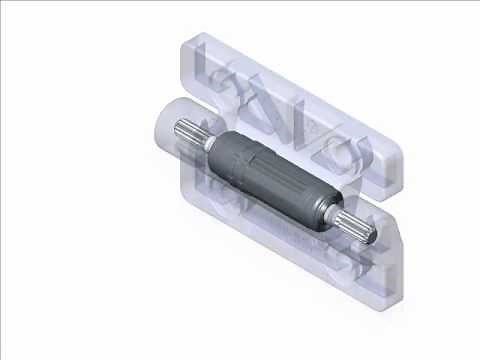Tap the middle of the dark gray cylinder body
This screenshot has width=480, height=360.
275,181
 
